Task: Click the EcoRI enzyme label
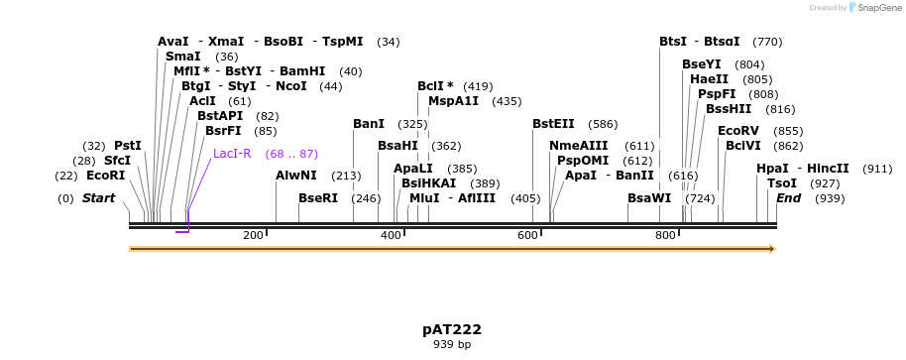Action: click(x=105, y=176)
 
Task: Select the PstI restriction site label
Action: click(x=128, y=146)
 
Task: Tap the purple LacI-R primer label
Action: click(x=232, y=154)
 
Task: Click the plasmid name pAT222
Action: click(x=452, y=329)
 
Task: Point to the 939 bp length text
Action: click(x=452, y=345)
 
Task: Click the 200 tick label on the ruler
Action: click(x=253, y=235)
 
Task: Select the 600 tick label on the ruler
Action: click(x=527, y=235)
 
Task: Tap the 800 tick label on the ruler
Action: click(x=665, y=235)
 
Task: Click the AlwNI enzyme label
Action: click(x=296, y=177)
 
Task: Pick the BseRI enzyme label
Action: click(x=318, y=198)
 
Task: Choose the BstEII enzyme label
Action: click(x=553, y=124)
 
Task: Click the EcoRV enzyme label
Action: click(x=738, y=131)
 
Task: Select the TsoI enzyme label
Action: click(x=782, y=183)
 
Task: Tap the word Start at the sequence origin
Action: click(x=98, y=198)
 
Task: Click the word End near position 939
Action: click(x=788, y=198)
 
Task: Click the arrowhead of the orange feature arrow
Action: click(x=770, y=248)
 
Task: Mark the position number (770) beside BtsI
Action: click(x=767, y=42)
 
